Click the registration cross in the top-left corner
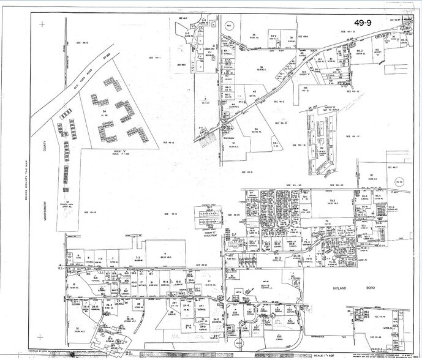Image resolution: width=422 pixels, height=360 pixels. [x=42, y=25]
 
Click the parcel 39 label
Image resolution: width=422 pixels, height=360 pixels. [x=261, y=67]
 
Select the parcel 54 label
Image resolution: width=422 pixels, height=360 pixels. [x=257, y=129]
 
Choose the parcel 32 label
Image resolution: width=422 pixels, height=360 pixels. [x=77, y=328]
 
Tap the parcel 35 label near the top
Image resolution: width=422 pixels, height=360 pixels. [x=253, y=34]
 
